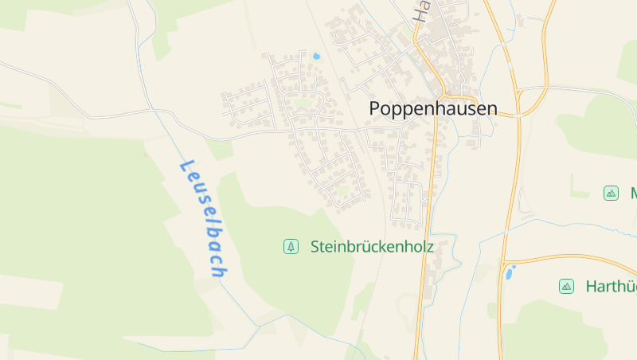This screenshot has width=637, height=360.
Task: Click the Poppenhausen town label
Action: pyautogui.click(x=433, y=109)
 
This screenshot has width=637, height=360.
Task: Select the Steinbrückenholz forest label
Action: pyautogui.click(x=372, y=247)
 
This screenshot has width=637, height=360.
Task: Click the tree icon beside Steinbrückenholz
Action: pyautogui.click(x=291, y=247)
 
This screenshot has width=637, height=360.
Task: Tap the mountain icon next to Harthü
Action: pyautogui.click(x=566, y=286)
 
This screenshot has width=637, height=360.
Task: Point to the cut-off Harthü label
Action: pyautogui.click(x=611, y=286)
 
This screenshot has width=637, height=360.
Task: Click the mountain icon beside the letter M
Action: pyautogui.click(x=611, y=193)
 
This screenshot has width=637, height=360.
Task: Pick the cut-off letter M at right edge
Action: pyautogui.click(x=633, y=193)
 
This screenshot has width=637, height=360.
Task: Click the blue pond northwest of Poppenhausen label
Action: pyautogui.click(x=316, y=57)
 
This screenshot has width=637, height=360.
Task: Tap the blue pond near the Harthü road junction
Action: pyautogui.click(x=509, y=273)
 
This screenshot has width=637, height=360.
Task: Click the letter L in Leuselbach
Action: pyautogui.click(x=187, y=167)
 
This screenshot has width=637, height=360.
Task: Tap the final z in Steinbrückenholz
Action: pyautogui.click(x=430, y=247)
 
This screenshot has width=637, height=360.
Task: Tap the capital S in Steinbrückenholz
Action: pyautogui.click(x=315, y=247)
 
